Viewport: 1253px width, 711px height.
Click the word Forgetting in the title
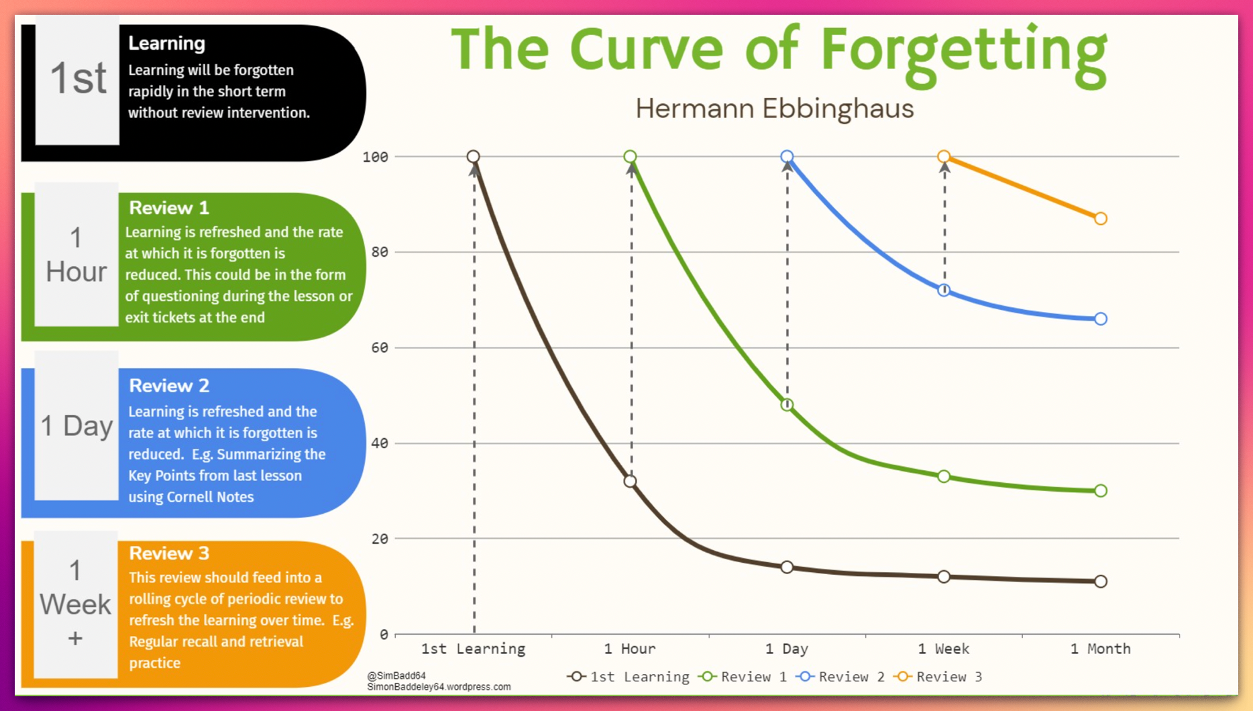coord(963,52)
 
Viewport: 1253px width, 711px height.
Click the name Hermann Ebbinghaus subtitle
coord(774,109)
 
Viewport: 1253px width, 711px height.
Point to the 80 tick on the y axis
coord(380,252)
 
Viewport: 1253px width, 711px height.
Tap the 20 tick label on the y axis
coord(380,539)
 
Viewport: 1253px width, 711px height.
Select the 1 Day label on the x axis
coord(786,649)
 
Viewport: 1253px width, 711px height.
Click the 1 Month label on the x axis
coord(1100,649)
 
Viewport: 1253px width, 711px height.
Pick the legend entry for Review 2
coord(841,677)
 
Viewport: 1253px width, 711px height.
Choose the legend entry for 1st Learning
coord(629,677)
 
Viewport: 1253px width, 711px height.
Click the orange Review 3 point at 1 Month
coord(1100,219)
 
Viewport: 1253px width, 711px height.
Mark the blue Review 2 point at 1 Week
coord(944,290)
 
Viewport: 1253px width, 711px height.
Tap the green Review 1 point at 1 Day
coord(787,404)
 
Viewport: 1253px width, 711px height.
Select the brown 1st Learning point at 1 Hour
coord(630,481)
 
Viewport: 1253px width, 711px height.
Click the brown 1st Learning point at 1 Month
coord(1100,582)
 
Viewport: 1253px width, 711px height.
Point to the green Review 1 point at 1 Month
coord(1100,491)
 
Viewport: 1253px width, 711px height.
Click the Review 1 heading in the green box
coord(169,208)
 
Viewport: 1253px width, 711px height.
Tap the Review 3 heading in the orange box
coord(169,553)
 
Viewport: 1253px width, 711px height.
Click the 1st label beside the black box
coord(78,78)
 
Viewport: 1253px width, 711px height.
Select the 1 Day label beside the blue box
coord(76,426)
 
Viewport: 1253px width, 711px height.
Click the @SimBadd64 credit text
coord(396,675)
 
